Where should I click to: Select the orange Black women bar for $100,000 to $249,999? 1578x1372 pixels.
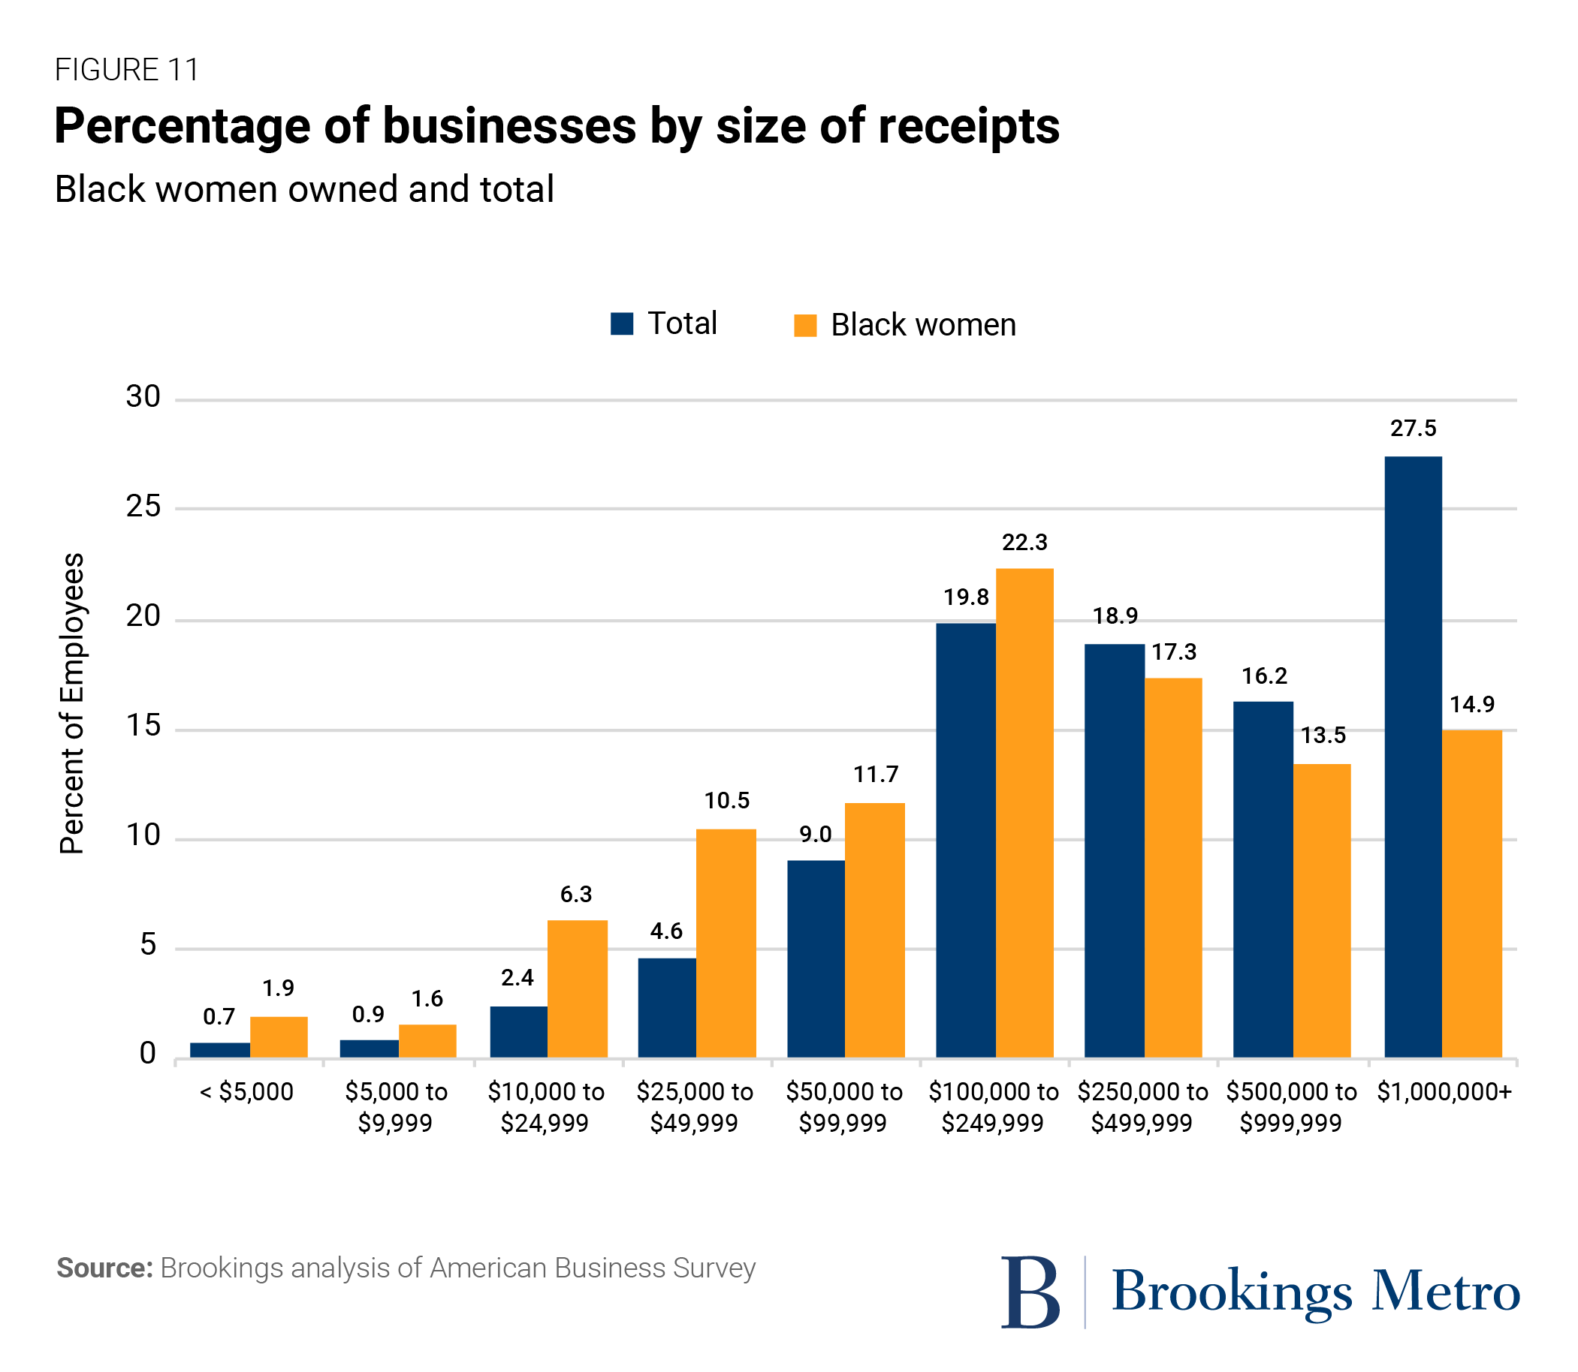click(x=1024, y=812)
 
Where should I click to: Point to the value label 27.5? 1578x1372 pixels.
click(x=1414, y=428)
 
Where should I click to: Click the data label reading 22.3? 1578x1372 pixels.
click(x=1024, y=542)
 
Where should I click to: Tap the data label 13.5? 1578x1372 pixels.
click(x=1323, y=735)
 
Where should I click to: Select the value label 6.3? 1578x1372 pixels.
click(x=576, y=893)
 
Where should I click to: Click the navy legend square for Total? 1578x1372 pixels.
click(x=621, y=323)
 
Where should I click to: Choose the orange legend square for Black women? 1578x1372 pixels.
click(x=805, y=326)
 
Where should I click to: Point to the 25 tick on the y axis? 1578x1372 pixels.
click(x=143, y=506)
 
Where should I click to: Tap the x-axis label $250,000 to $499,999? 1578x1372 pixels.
click(x=1142, y=1106)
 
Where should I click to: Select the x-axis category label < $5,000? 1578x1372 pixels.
click(x=246, y=1091)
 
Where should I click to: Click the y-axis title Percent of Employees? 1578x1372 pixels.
click(x=72, y=703)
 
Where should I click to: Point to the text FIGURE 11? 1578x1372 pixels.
click(x=127, y=70)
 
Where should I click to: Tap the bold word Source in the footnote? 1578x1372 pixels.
click(x=104, y=1268)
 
